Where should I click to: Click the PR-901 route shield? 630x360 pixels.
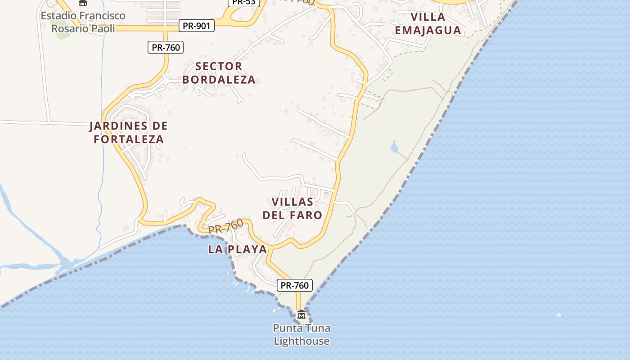pyautogui.click(x=196, y=26)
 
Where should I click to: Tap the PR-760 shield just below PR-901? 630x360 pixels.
pyautogui.click(x=166, y=47)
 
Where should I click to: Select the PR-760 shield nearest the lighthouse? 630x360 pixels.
pyautogui.click(x=294, y=285)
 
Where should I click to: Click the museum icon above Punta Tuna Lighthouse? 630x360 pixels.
pyautogui.click(x=301, y=314)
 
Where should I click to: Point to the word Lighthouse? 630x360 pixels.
pyautogui.click(x=301, y=341)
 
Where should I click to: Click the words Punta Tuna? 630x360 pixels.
pyautogui.click(x=301, y=328)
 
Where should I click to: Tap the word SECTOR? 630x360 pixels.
pyautogui.click(x=219, y=66)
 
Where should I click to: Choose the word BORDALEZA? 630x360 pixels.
pyautogui.click(x=219, y=80)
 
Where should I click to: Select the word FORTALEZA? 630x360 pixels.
pyautogui.click(x=129, y=139)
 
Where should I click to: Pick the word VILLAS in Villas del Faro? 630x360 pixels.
pyautogui.click(x=292, y=201)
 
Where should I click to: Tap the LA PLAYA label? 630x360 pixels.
pyautogui.click(x=237, y=249)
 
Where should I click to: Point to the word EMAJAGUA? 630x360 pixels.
pyautogui.click(x=428, y=30)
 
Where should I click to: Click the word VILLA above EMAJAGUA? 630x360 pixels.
pyautogui.click(x=428, y=17)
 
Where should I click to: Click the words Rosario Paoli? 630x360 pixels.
pyautogui.click(x=83, y=28)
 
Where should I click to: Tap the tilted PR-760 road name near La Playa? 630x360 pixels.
pyautogui.click(x=226, y=226)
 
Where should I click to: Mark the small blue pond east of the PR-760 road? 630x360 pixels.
pyautogui.click(x=395, y=147)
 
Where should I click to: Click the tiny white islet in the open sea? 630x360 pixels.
pyautogui.click(x=559, y=315)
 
